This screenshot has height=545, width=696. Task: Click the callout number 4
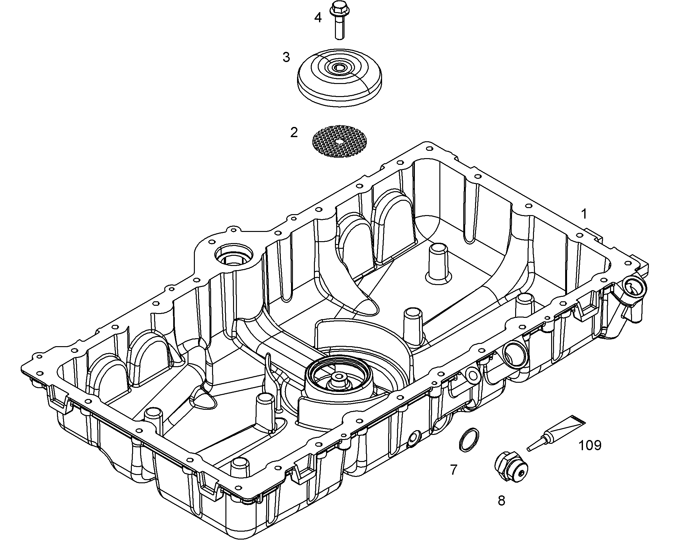coord(318,18)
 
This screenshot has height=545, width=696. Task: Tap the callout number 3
coord(286,58)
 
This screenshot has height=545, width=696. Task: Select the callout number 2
coord(294,132)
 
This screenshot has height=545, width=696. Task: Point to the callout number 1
coord(584,214)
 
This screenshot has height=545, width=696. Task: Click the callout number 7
coord(454,470)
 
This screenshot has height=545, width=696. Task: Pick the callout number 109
coord(590,445)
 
